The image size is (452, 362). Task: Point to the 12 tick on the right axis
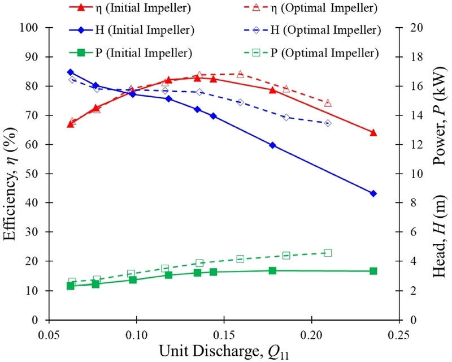click(415, 145)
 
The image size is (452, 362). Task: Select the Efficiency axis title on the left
click(10, 174)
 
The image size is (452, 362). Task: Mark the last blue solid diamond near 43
click(373, 193)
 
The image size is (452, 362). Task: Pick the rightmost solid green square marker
click(373, 271)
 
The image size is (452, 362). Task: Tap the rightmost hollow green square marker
click(328, 253)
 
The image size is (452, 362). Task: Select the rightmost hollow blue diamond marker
click(328, 123)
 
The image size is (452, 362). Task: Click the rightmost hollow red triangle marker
click(328, 103)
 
